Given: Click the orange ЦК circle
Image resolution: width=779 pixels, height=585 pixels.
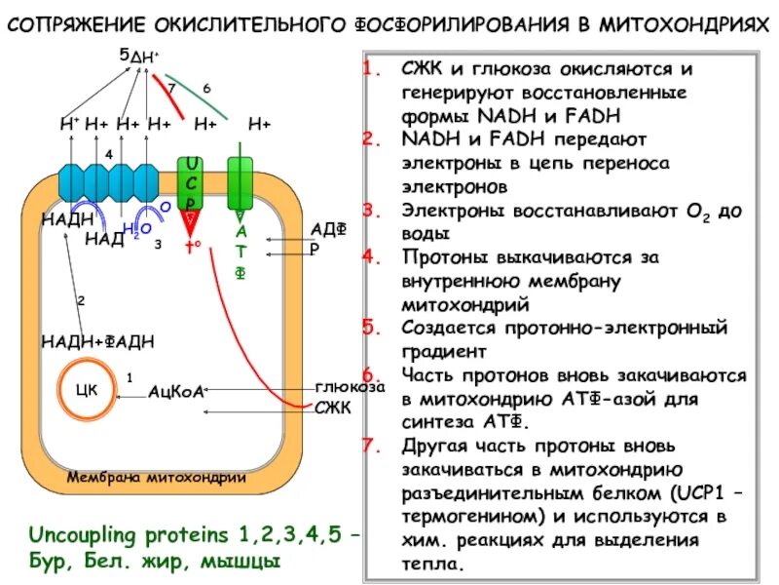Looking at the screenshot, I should tap(90, 391).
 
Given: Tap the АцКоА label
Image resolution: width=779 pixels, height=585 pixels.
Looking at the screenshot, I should tap(175, 392).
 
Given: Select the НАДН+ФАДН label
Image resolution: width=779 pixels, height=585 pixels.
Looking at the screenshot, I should tap(97, 340).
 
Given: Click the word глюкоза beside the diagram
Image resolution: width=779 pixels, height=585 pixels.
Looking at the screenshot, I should tap(350, 386).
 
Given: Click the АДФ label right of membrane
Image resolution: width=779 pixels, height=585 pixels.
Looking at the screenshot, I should tap(328, 228).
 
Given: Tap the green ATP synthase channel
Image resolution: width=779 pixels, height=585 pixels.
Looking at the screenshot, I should tap(240, 181).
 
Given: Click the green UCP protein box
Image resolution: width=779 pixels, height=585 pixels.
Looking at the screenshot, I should tap(192, 181).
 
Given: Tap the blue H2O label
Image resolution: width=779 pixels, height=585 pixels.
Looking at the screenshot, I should tap(137, 229).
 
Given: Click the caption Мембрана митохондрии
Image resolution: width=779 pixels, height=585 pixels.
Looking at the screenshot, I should tap(155, 478).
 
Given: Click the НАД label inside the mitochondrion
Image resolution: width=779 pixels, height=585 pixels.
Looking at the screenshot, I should tap(104, 239).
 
